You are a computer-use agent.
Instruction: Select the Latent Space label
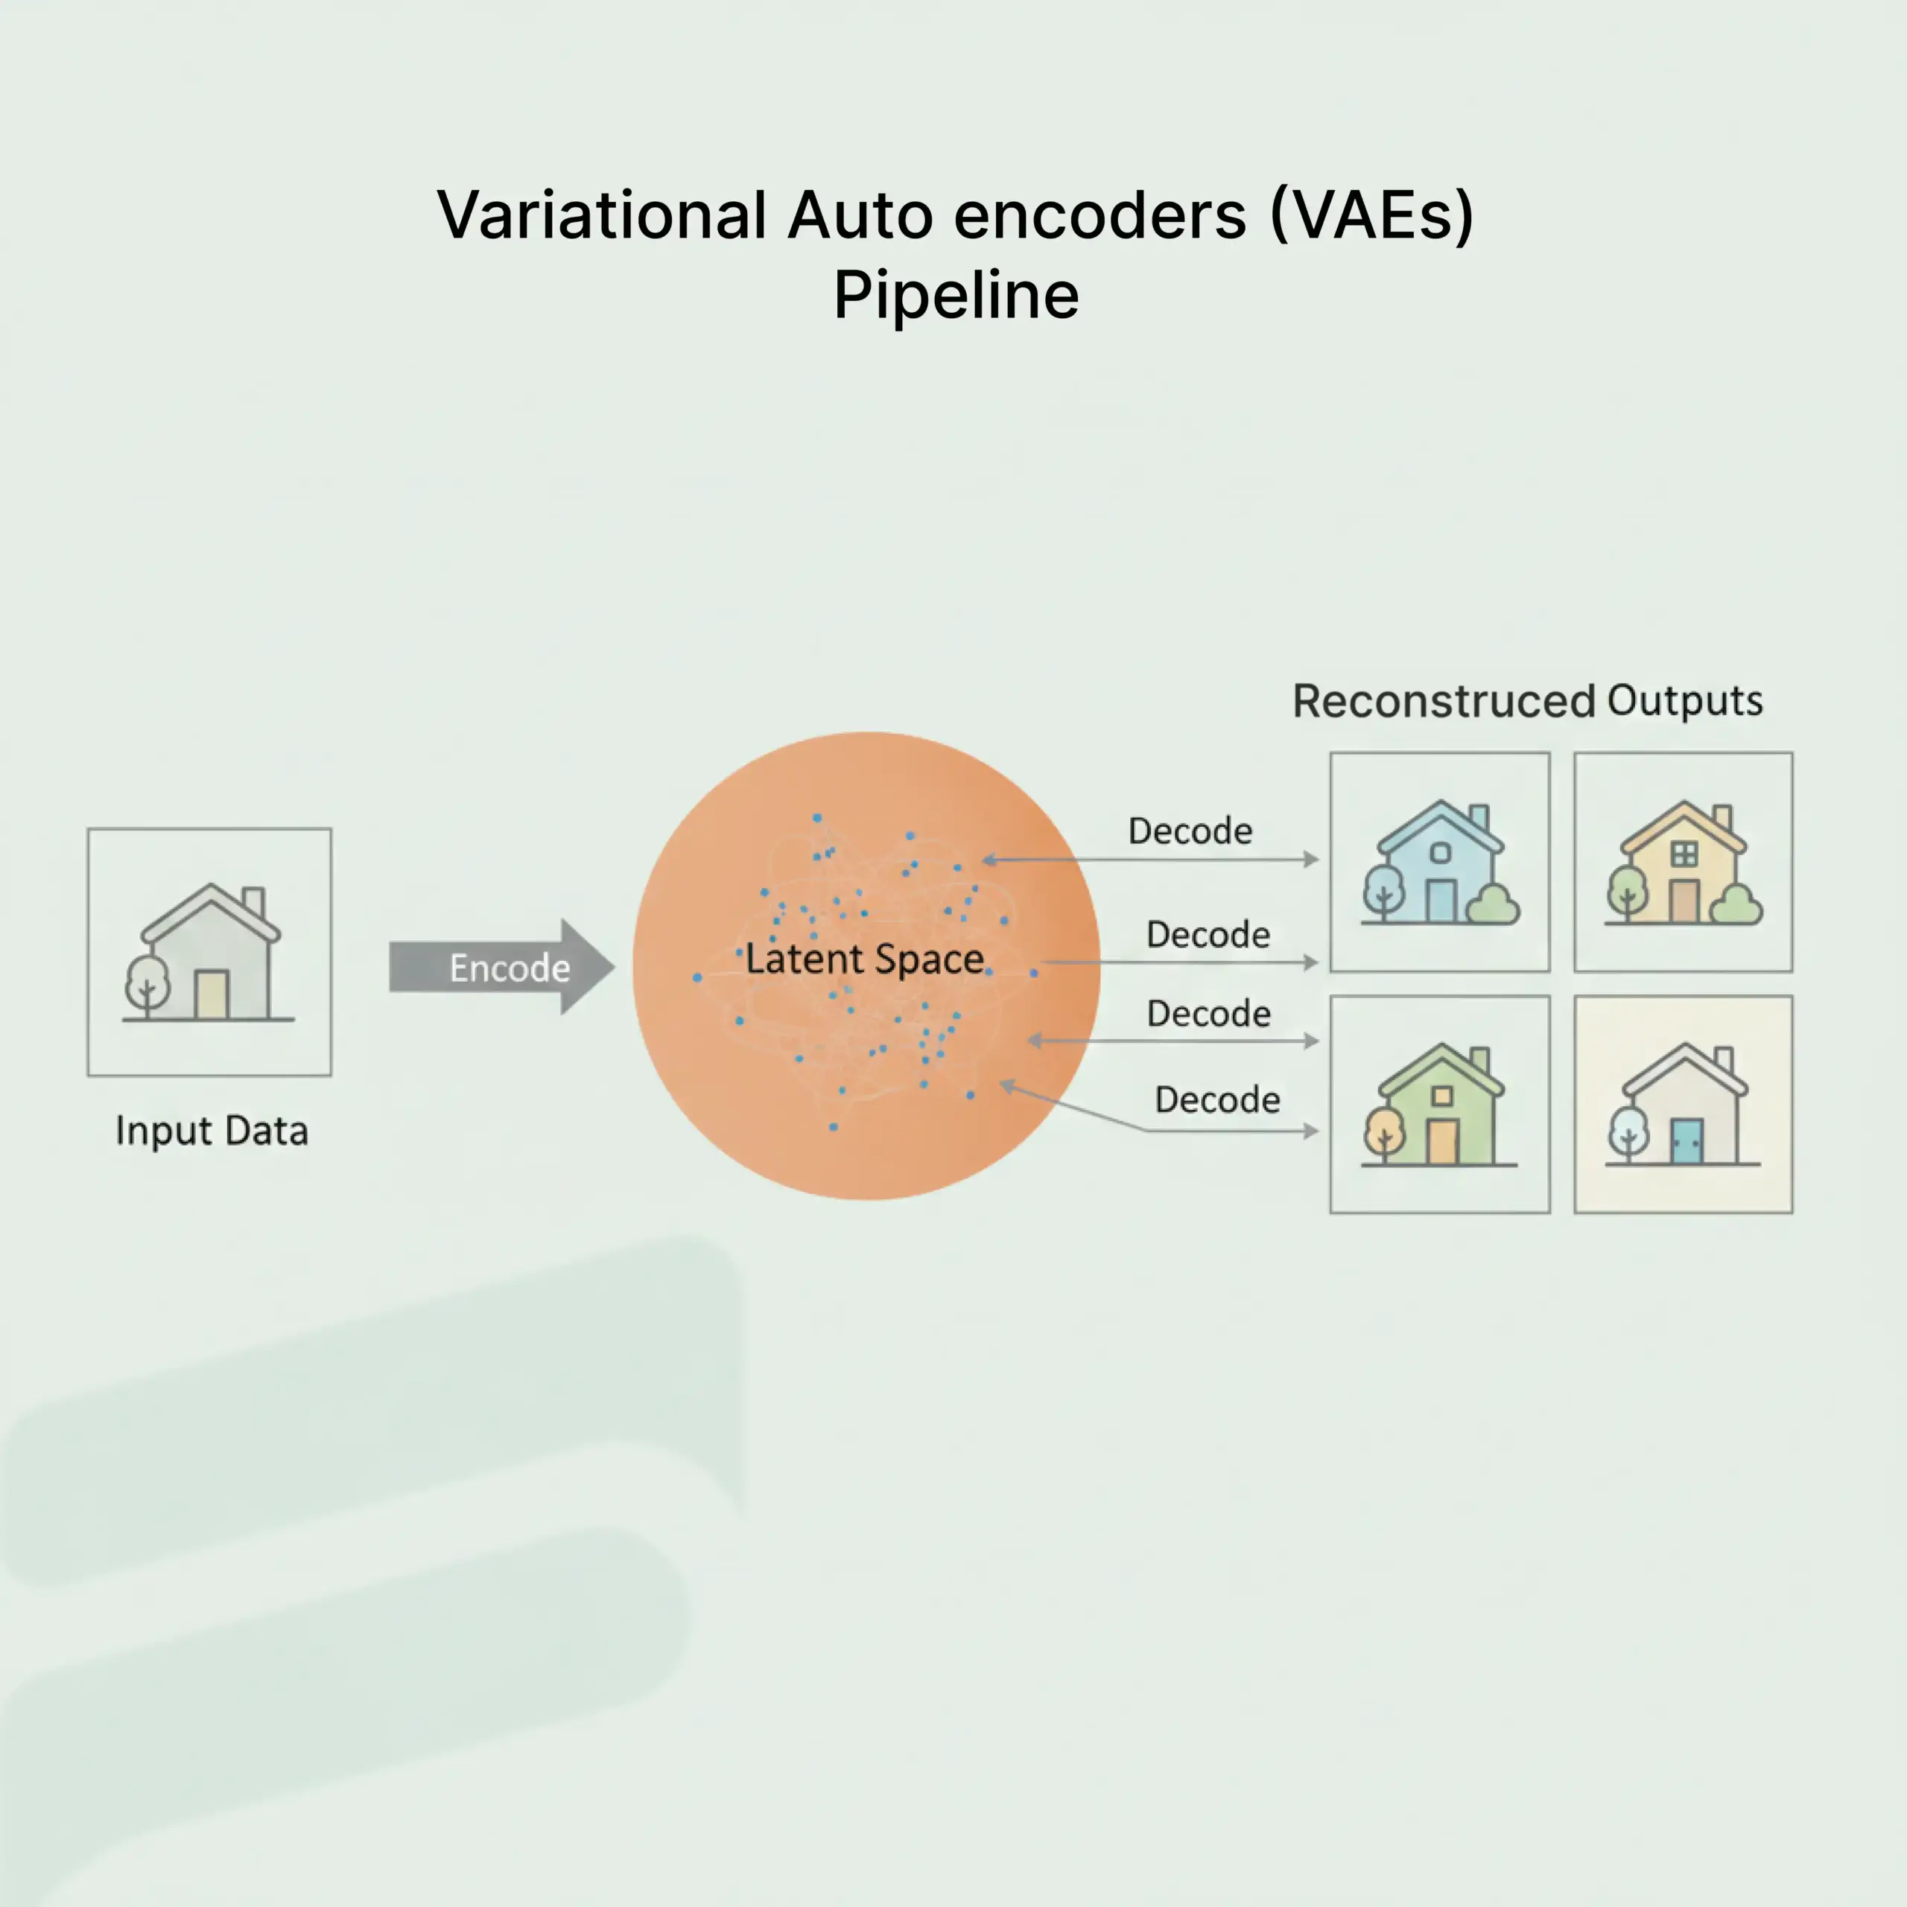pyautogui.click(x=863, y=959)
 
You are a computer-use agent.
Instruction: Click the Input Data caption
pyautogui.click(x=212, y=1130)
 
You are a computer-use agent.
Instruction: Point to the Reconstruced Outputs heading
pyautogui.click(x=1527, y=701)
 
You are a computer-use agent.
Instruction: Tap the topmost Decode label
pyautogui.click(x=1190, y=831)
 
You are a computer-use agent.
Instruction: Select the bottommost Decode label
pyautogui.click(x=1217, y=1100)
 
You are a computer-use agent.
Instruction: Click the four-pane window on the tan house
pyautogui.click(x=1684, y=854)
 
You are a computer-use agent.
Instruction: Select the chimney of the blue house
pyautogui.click(x=1478, y=817)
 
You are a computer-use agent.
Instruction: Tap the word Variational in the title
pyautogui.click(x=601, y=215)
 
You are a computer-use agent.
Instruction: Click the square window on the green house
pyautogui.click(x=1442, y=1096)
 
